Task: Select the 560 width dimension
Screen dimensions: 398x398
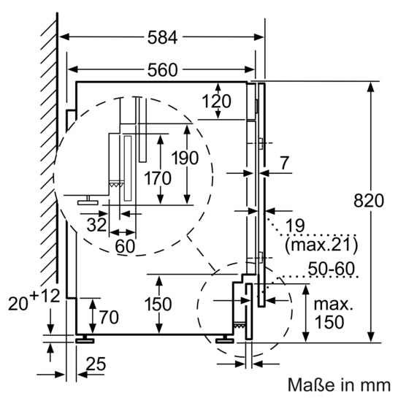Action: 162,70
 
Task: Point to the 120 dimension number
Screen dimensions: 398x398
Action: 217,101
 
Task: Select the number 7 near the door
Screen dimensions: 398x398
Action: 284,164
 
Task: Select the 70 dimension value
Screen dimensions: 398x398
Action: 108,317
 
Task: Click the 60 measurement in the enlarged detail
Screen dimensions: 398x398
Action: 125,245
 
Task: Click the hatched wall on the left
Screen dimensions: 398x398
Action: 50,146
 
